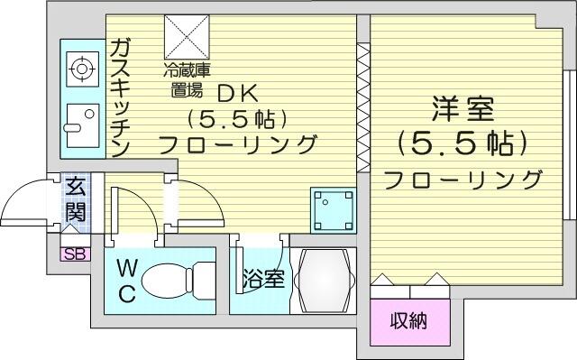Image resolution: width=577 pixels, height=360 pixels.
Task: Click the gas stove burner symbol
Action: (82, 69)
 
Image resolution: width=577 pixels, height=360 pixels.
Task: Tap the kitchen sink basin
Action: (82, 125)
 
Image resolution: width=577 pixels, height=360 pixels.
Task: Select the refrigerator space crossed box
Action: (187, 37)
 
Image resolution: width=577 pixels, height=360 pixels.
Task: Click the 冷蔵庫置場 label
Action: (187, 80)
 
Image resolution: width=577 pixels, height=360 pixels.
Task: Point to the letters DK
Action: (237, 96)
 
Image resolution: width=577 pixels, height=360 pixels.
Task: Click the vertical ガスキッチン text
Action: (120, 98)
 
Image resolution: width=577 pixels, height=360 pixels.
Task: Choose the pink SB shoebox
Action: (75, 254)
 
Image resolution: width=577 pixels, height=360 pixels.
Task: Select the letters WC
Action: (126, 281)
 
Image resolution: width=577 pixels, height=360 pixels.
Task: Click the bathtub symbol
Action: (324, 281)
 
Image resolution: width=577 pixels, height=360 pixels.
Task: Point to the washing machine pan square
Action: (334, 210)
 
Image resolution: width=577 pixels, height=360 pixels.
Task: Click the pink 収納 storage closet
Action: (410, 322)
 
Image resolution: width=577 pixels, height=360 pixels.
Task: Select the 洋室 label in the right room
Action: (462, 109)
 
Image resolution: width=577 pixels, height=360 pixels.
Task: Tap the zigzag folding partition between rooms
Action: (363, 107)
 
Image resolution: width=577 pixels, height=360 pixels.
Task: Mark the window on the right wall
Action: (570, 145)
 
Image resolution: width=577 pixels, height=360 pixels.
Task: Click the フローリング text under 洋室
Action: (463, 180)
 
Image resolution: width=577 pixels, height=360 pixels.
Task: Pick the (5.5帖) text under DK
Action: (237, 119)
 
